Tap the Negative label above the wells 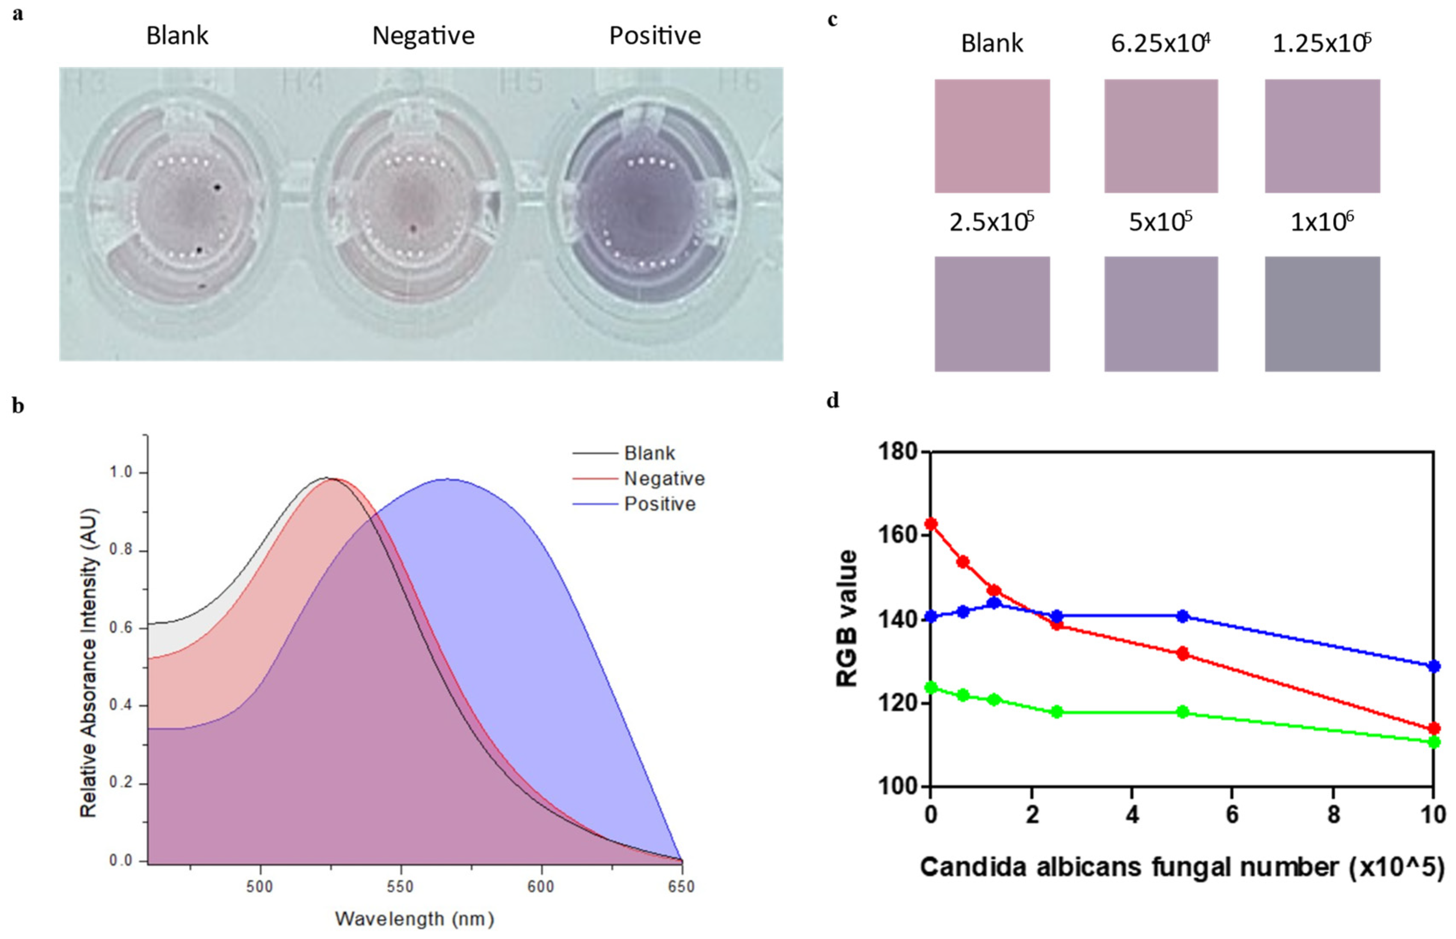[423, 36]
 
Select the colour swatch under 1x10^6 [1322, 314]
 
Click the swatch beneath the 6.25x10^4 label [1160, 136]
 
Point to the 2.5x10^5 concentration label [991, 222]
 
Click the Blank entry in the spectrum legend [649, 453]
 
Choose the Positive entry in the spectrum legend [660, 504]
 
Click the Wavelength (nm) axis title [414, 918]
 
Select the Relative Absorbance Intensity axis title [89, 662]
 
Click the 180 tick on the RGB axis [898, 452]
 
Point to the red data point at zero [931, 524]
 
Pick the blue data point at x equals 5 [1182, 616]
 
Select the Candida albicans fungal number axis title [1181, 867]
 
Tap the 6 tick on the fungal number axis [1232, 815]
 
